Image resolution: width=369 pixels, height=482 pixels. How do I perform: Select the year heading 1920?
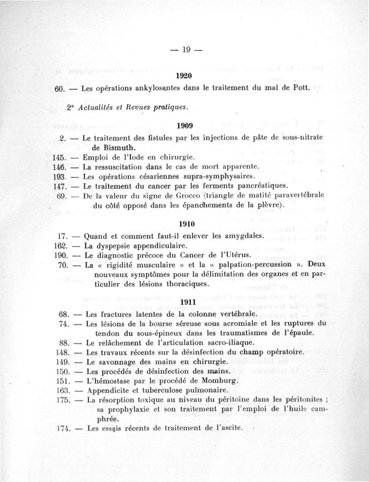coord(184,76)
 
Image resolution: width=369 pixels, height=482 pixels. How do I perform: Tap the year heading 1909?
coord(184,125)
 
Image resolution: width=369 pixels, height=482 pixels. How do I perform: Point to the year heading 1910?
coord(184,224)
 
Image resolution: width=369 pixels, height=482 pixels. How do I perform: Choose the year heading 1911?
coord(184,302)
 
